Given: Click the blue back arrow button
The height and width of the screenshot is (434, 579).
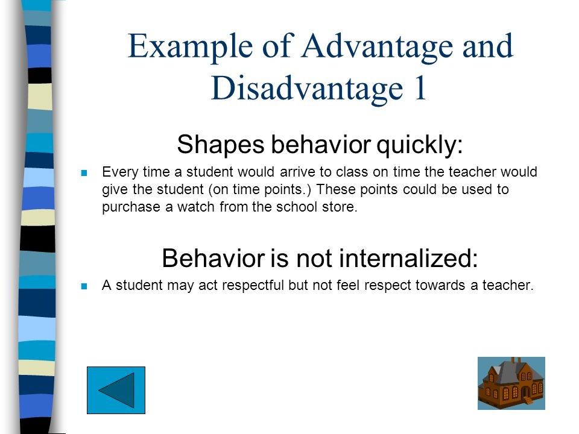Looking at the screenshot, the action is pos(116,390).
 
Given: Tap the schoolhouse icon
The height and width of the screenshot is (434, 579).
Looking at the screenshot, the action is pos(511,383).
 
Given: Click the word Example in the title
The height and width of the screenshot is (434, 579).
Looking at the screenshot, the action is pos(190,47).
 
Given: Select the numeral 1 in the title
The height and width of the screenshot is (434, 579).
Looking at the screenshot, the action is pos(420,89).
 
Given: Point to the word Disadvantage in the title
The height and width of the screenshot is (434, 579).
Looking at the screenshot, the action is pos(307,89).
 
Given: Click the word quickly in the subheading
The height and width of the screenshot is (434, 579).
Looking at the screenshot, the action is pos(420,145).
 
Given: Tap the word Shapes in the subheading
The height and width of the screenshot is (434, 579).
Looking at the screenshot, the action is pos(221,145).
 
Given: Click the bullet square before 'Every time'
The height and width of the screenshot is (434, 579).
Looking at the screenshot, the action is pos(84,173).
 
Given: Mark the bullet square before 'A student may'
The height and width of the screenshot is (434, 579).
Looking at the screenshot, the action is pos(84,286).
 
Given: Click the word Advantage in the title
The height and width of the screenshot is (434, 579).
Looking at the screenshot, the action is pos(377,47).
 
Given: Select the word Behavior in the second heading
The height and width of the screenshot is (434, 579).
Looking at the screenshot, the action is pos(214,258).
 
